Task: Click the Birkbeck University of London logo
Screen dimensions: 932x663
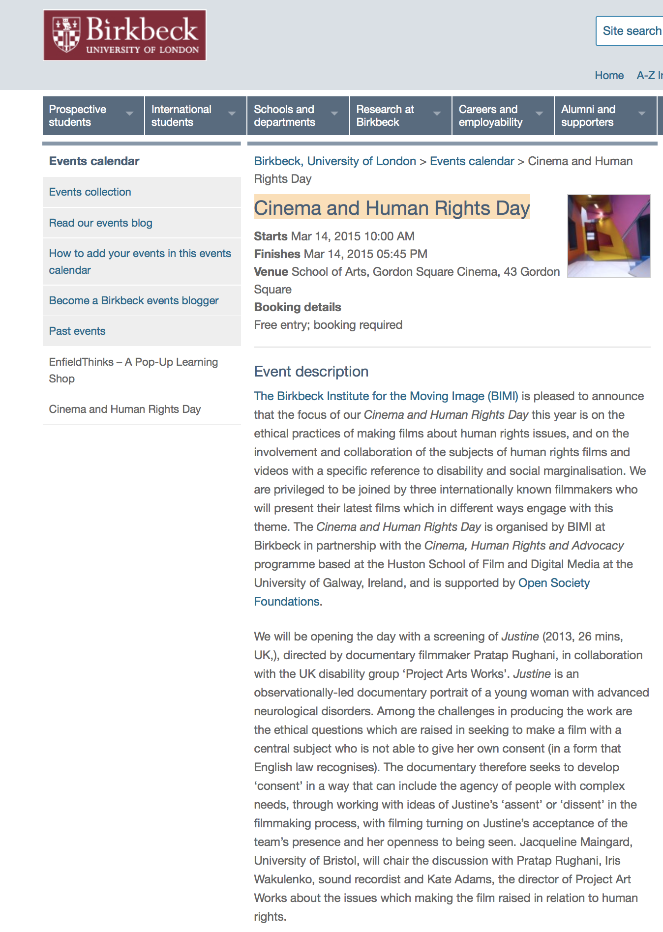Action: tap(124, 35)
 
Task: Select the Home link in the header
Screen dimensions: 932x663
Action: tap(609, 75)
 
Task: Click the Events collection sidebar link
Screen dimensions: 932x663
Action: tap(90, 192)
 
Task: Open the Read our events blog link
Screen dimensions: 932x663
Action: tap(100, 223)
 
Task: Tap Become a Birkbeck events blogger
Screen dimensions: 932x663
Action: tap(134, 301)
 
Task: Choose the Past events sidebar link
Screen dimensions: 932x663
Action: tap(77, 331)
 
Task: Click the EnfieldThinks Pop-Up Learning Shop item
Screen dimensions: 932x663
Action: tap(133, 370)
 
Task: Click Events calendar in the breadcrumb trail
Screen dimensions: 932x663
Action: tap(472, 161)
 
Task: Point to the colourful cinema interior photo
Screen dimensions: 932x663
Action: tap(608, 236)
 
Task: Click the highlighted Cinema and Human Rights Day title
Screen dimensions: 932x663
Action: tap(392, 208)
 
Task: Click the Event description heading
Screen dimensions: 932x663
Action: tap(311, 372)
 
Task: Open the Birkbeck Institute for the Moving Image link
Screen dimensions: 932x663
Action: tap(386, 396)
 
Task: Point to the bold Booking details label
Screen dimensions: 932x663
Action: tap(298, 307)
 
